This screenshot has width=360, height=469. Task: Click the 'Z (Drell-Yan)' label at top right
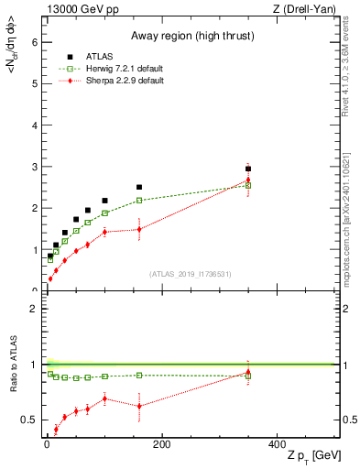(304, 8)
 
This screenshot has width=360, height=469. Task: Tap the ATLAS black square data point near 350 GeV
(248, 169)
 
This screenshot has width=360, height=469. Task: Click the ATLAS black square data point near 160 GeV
(139, 187)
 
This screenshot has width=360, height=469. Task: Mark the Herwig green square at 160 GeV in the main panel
(139, 200)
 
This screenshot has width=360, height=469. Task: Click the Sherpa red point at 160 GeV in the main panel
(139, 229)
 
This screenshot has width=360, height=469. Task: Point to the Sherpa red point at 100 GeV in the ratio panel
(104, 398)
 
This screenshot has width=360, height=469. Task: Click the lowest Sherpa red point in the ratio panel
(56, 429)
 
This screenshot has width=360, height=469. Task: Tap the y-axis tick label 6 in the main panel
(35, 42)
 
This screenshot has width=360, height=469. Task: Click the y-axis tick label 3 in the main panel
(35, 167)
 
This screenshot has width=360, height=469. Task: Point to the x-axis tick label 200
(161, 444)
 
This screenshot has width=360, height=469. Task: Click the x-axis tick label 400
(276, 444)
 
